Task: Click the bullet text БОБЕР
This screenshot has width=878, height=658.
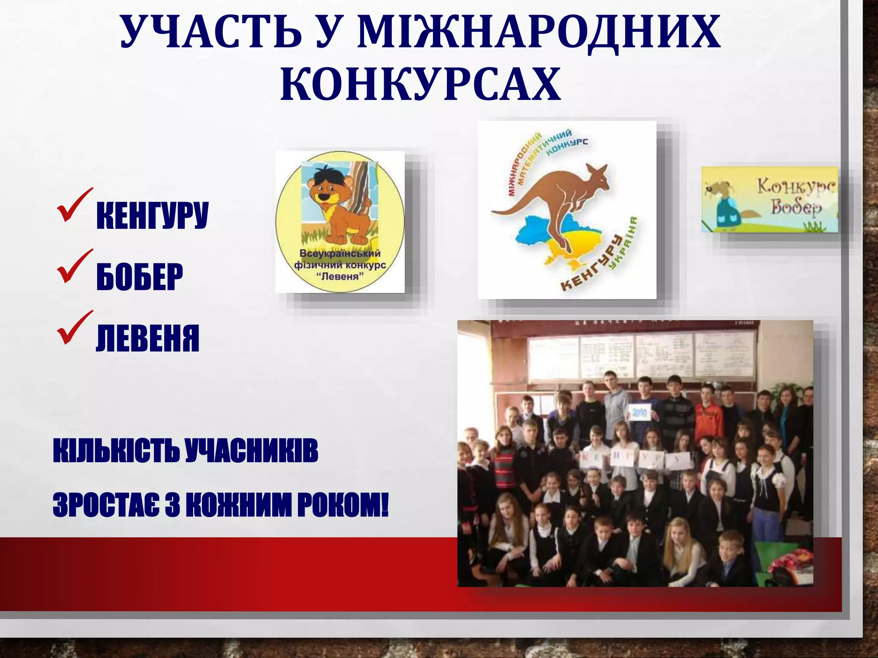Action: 140,277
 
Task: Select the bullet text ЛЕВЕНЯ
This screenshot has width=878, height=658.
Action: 148,338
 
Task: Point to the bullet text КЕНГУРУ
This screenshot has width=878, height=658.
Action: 153,215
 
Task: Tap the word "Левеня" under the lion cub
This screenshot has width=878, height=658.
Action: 340,276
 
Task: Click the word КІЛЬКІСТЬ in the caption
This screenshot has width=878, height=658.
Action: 116,451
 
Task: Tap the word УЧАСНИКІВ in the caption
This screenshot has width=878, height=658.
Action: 252,451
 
